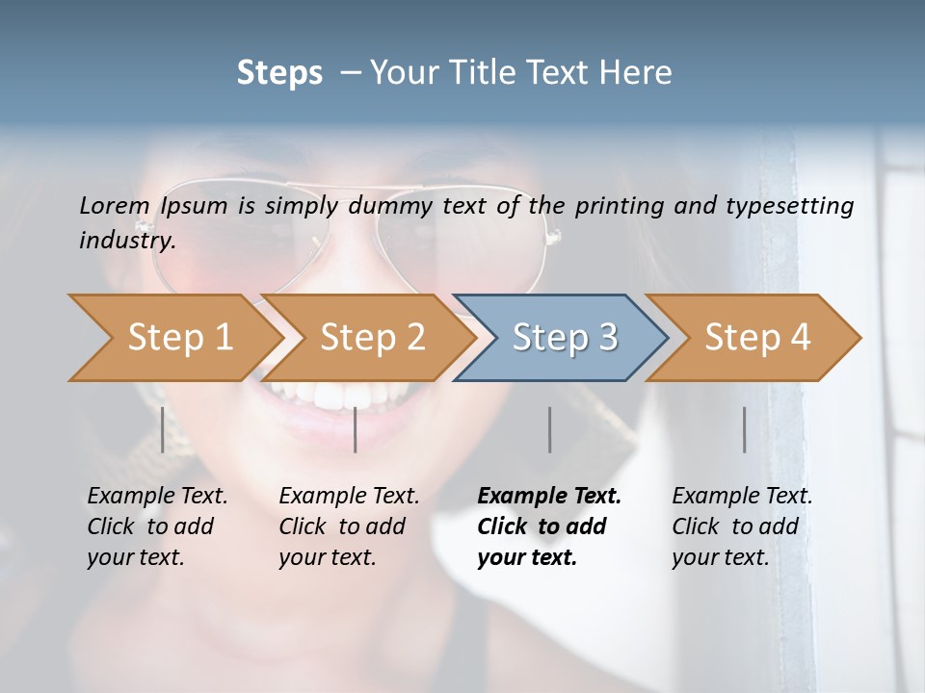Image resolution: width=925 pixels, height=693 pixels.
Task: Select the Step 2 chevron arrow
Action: (x=372, y=338)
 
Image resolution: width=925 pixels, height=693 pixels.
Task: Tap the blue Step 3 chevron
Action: (x=565, y=338)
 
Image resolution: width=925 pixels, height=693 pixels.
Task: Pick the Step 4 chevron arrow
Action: (x=757, y=338)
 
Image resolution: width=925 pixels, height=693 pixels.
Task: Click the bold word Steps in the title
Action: (x=279, y=73)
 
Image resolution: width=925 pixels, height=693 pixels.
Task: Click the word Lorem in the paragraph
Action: (x=115, y=205)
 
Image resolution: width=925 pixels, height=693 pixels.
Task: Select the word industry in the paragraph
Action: (x=127, y=241)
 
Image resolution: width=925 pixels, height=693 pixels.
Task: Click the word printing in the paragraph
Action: (x=617, y=205)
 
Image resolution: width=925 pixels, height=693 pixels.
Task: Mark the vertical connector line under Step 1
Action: (x=162, y=429)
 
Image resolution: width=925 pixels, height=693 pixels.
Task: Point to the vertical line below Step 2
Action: (x=356, y=429)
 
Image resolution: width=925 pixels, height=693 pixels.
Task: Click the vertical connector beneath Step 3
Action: (x=550, y=429)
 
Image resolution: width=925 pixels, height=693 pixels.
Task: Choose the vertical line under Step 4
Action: (x=745, y=429)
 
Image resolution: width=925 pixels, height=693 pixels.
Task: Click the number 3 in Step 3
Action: (x=607, y=338)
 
